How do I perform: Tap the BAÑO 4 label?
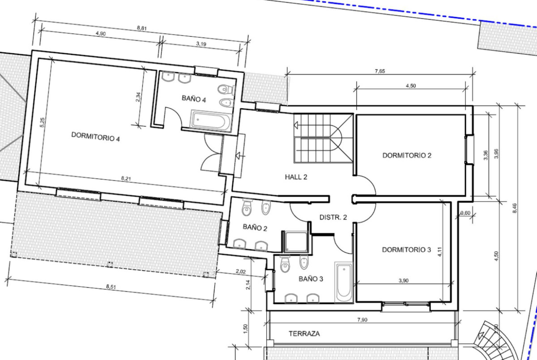pyautogui.click(x=194, y=99)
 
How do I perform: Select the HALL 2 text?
pyautogui.click(x=296, y=177)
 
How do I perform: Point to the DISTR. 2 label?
pyautogui.click(x=333, y=217)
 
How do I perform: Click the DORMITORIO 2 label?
pyautogui.click(x=407, y=155)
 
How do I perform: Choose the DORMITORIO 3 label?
pyautogui.click(x=407, y=250)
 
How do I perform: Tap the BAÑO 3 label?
pyautogui.click(x=311, y=279)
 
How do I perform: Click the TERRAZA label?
pyautogui.click(x=304, y=334)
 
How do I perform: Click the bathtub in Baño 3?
pyautogui.click(x=343, y=282)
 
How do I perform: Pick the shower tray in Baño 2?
pyautogui.click(x=295, y=242)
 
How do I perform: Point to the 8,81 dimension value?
pyautogui.click(x=142, y=28)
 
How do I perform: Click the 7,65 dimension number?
pyautogui.click(x=380, y=71)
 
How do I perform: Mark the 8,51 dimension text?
pyautogui.click(x=111, y=287)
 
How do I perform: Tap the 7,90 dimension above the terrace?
pyautogui.click(x=362, y=320)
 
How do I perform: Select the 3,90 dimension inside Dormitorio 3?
pyautogui.click(x=404, y=281)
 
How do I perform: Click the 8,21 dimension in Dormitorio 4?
pyautogui.click(x=126, y=178)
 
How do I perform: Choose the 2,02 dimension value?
pyautogui.click(x=241, y=271)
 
